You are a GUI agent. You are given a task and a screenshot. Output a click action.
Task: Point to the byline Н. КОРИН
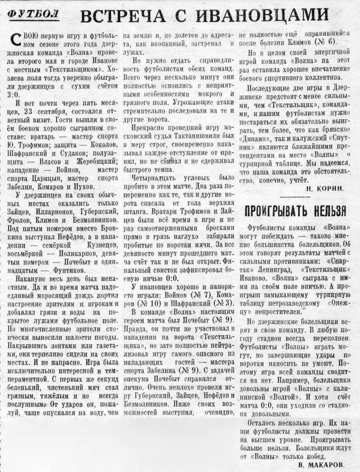pyautogui.click(x=325, y=188)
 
